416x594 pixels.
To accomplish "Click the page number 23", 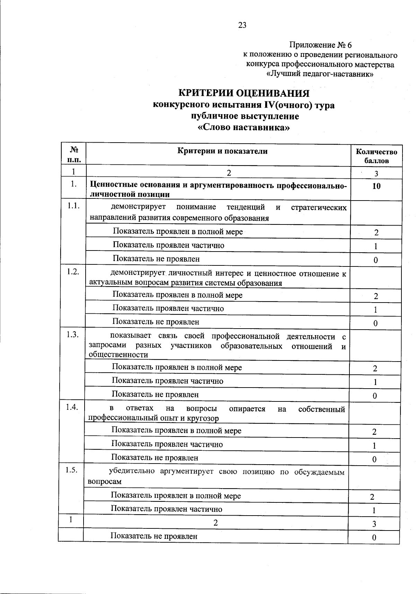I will pyautogui.click(x=242, y=25).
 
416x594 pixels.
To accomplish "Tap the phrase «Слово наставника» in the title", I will pyautogui.click(x=243, y=127).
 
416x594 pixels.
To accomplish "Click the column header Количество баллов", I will pyautogui.click(x=376, y=156).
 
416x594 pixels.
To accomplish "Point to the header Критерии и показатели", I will pyautogui.click(x=223, y=151).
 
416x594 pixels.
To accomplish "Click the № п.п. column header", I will pyautogui.click(x=73, y=154).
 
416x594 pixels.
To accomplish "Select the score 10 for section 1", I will pyautogui.click(x=376, y=186).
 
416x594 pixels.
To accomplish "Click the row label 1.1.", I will pyautogui.click(x=73, y=206).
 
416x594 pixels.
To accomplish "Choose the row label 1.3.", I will pyautogui.click(x=73, y=334).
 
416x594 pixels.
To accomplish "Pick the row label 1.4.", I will pyautogui.click(x=73, y=407).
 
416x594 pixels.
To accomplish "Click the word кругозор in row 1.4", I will pyautogui.click(x=203, y=418).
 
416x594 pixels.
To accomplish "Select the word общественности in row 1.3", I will pyautogui.click(x=118, y=355).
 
